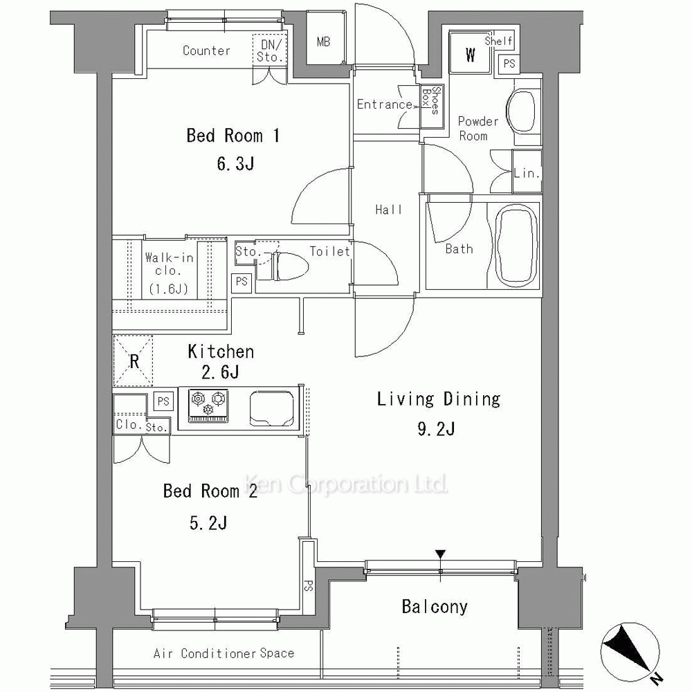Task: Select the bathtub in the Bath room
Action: tap(517, 245)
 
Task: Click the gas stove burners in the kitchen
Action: tap(208, 405)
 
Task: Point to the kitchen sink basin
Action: tap(272, 408)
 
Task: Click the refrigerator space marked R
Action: tap(134, 361)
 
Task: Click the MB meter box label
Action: tap(323, 42)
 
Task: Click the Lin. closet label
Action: tap(527, 172)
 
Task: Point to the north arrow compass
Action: tap(631, 651)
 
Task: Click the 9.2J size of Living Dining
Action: tap(436, 428)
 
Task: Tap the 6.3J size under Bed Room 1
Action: tap(235, 164)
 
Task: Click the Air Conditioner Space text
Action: tap(224, 653)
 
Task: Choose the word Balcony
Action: tap(435, 607)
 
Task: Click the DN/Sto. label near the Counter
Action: tap(270, 51)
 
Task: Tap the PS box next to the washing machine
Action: tap(509, 64)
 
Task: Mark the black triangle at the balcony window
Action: tap(440, 554)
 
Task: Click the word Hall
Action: tap(389, 209)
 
